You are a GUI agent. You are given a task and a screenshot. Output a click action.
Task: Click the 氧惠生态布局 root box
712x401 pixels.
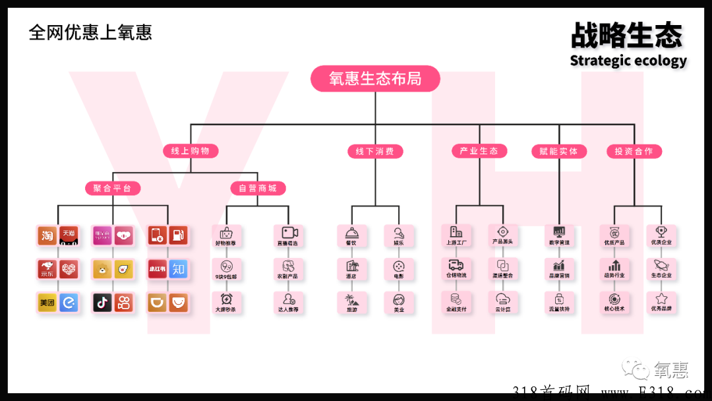coord(375,79)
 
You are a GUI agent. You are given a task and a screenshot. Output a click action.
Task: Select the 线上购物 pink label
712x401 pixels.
coord(190,151)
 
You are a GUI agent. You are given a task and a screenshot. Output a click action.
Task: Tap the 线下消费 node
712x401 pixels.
coord(374,152)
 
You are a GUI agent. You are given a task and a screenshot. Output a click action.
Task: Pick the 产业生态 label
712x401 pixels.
coord(479,151)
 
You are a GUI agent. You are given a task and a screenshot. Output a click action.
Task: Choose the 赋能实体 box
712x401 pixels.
coord(558,152)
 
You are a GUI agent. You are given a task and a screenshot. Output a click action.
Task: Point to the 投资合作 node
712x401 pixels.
coord(634,152)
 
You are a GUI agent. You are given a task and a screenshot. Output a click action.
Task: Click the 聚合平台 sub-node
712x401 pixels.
coord(112,189)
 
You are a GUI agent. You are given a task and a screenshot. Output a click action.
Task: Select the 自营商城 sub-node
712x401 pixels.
coord(257,189)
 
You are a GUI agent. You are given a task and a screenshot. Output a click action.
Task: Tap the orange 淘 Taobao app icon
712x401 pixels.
coord(47,235)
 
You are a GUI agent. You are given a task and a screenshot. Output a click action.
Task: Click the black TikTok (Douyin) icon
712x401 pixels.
coord(102,303)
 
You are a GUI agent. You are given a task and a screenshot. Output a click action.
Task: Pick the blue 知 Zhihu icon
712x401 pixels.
coord(178,268)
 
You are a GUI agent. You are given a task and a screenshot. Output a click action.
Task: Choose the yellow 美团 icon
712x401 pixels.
coord(47,303)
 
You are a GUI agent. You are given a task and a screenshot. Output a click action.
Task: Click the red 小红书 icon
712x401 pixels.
coord(157,268)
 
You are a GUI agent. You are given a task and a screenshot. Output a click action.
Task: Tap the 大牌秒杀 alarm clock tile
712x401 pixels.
coord(225,302)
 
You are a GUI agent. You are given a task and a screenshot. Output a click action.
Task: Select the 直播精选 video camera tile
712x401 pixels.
coord(289,235)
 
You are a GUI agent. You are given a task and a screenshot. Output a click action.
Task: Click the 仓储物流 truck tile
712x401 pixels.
coord(456,268)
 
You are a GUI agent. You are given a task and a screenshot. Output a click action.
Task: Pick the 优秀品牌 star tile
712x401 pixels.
coord(661,302)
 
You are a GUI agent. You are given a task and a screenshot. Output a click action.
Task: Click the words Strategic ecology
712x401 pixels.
coord(628,61)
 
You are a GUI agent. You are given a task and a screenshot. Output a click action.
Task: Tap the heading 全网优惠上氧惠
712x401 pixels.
coord(90,32)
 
